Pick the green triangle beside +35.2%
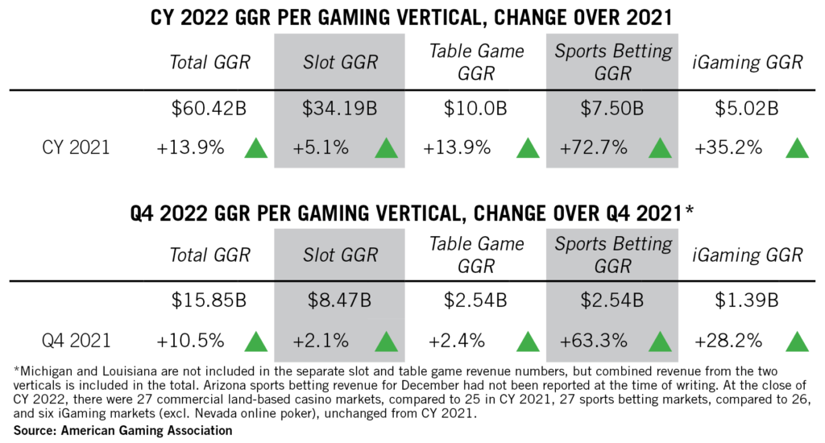pos(796,148)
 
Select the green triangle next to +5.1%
pos(386,148)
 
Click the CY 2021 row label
pos(77,148)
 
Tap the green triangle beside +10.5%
pos(256,342)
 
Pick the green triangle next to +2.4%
pos(527,342)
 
